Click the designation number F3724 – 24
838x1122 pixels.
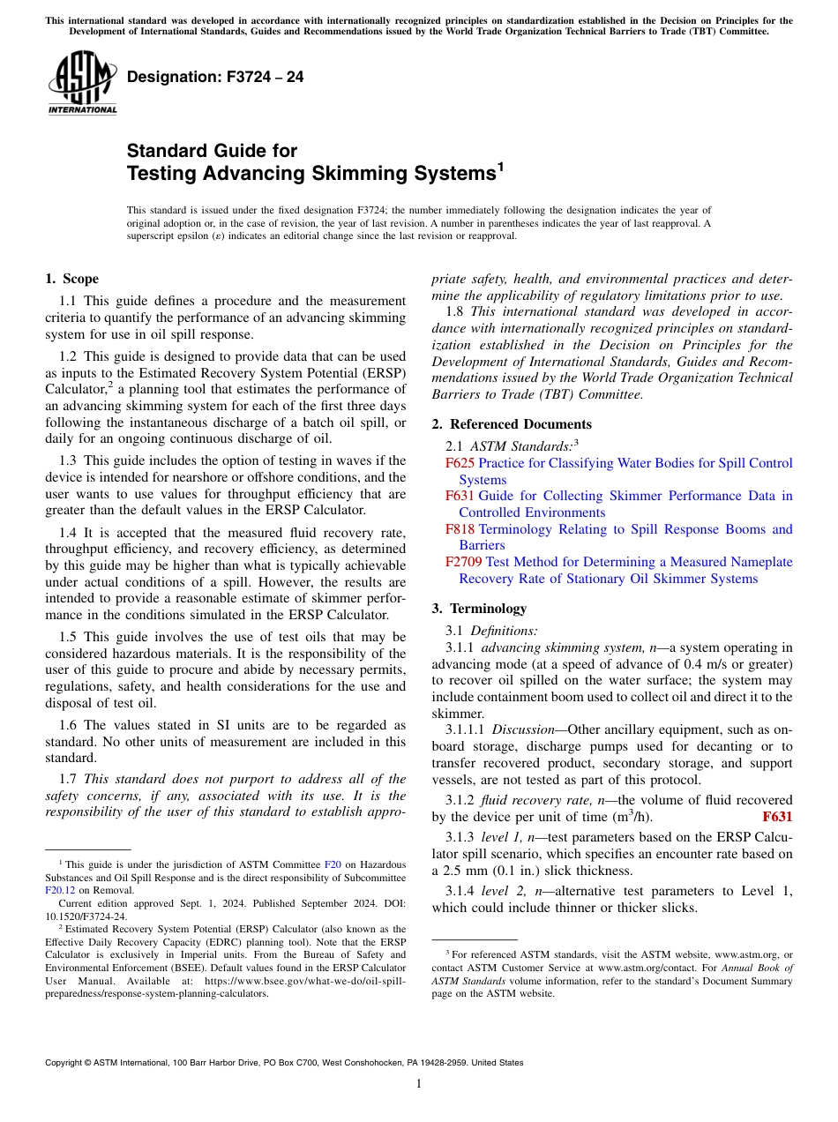click(215, 78)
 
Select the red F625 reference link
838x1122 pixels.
click(460, 463)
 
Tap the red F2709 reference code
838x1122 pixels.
click(464, 562)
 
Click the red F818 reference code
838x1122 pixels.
click(460, 529)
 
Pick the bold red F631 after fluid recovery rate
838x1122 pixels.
click(776, 817)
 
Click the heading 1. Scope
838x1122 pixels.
click(71, 279)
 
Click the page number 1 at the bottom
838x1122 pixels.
click(419, 1084)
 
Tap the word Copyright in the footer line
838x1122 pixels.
click(68, 1063)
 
